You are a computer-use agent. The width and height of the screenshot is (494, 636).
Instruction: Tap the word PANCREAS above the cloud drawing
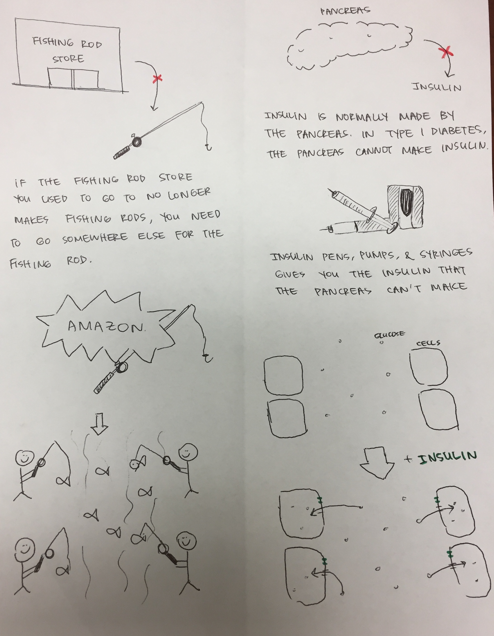[345, 11]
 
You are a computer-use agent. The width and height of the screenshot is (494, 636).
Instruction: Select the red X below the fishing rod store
[157, 78]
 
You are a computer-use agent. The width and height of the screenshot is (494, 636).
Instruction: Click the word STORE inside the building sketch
[68, 59]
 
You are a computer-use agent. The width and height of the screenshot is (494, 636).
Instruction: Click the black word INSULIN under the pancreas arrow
[437, 87]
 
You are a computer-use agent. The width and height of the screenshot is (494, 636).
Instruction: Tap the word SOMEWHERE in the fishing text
[95, 238]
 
